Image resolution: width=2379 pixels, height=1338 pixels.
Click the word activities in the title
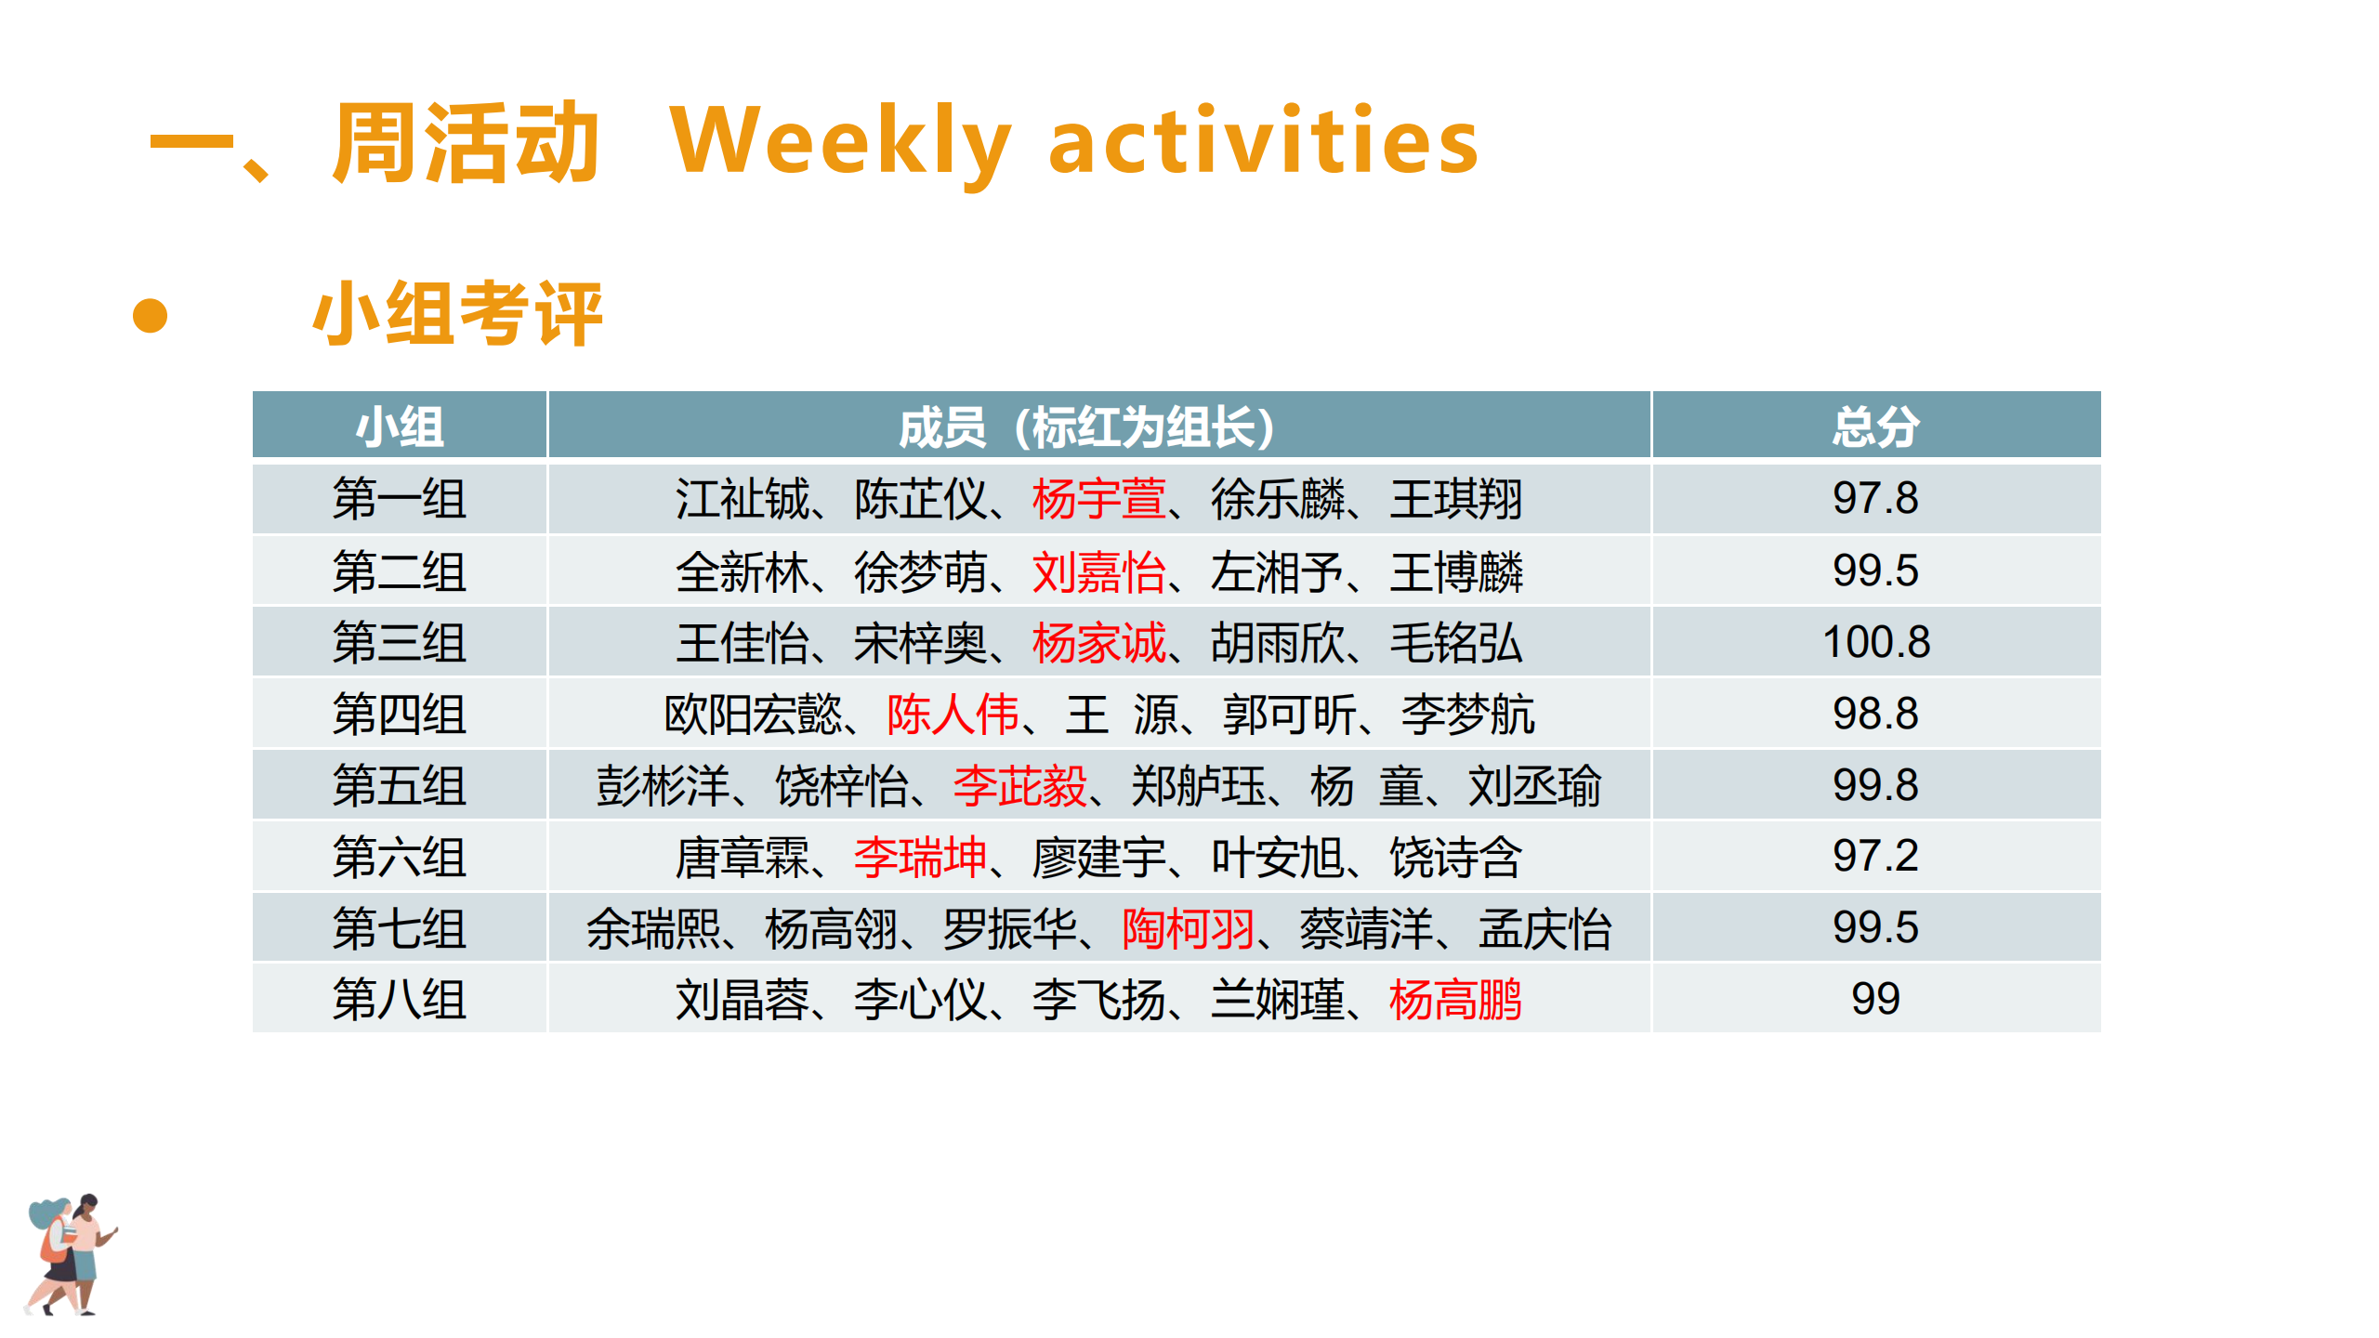pyautogui.click(x=1264, y=139)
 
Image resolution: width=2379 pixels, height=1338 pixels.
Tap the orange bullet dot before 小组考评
pyautogui.click(x=150, y=315)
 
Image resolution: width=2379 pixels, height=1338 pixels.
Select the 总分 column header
pyautogui.click(x=1875, y=426)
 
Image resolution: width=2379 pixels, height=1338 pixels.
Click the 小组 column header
pyautogui.click(x=400, y=426)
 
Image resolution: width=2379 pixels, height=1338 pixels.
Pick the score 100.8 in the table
pyautogui.click(x=1875, y=642)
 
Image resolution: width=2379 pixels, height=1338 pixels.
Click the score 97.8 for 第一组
pyautogui.click(x=1875, y=498)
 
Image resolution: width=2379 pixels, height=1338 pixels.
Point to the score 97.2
pyautogui.click(x=1875, y=856)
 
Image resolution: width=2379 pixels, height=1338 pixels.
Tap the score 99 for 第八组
pyautogui.click(x=1875, y=999)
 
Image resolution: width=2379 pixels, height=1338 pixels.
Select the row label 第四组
pyautogui.click(x=400, y=715)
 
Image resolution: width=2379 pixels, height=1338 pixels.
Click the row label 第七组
pyautogui.click(x=400, y=928)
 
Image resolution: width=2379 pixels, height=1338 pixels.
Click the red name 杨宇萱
pyautogui.click(x=1098, y=499)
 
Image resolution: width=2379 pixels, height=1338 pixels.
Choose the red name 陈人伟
pyautogui.click(x=953, y=715)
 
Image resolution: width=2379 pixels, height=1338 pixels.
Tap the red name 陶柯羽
pyautogui.click(x=1189, y=928)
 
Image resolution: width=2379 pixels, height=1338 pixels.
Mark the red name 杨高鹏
pyautogui.click(x=1455, y=1000)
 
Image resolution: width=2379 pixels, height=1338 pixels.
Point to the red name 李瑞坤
pyautogui.click(x=920, y=857)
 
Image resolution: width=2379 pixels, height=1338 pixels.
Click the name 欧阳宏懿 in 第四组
pyautogui.click(x=753, y=715)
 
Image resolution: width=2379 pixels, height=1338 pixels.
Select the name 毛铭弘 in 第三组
pyautogui.click(x=1456, y=643)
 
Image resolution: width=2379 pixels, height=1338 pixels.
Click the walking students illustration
pyautogui.click(x=71, y=1254)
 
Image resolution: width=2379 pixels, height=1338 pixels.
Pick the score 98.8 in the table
pyautogui.click(x=1875, y=714)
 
